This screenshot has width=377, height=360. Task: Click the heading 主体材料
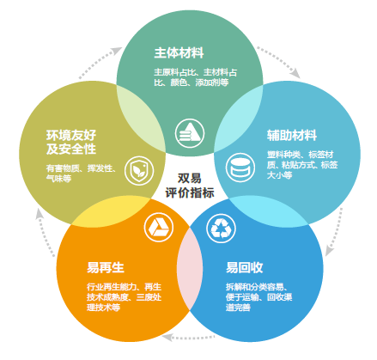click(x=179, y=53)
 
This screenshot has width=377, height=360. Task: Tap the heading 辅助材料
click(x=292, y=135)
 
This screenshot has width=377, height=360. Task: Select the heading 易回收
click(x=244, y=267)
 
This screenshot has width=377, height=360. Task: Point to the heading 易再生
click(x=106, y=267)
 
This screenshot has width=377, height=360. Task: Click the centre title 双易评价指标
click(x=190, y=186)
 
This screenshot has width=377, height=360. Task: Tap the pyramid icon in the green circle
click(x=190, y=133)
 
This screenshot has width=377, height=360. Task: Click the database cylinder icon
click(x=240, y=168)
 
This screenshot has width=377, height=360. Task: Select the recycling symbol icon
click(x=221, y=229)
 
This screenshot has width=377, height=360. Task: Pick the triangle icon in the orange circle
click(x=159, y=228)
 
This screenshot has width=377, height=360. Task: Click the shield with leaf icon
click(x=139, y=171)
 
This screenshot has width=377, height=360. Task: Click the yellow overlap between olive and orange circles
click(x=111, y=211)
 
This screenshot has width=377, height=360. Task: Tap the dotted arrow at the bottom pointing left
click(x=188, y=338)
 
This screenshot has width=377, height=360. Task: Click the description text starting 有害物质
click(x=82, y=174)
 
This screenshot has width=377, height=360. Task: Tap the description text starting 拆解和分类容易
click(x=258, y=297)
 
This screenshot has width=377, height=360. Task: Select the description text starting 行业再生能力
click(x=125, y=297)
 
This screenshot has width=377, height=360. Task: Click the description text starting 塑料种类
click(x=302, y=165)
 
